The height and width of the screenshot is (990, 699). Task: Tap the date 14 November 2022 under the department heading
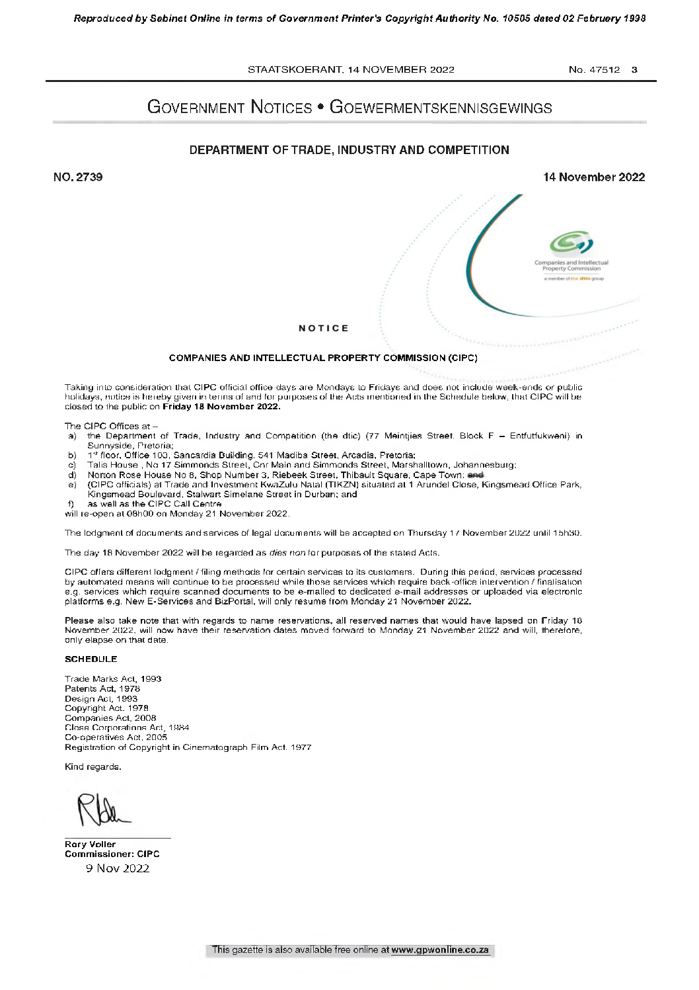[593, 177]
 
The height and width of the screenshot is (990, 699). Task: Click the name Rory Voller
[90, 845]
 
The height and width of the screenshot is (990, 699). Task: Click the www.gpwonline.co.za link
[449, 950]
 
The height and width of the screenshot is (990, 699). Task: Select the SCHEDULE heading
[91, 659]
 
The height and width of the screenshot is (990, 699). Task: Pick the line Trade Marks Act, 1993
[113, 679]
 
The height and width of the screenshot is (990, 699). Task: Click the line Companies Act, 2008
[110, 718]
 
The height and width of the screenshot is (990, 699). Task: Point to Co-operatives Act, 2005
[116, 737]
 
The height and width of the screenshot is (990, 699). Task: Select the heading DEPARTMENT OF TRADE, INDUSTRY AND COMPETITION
[349, 150]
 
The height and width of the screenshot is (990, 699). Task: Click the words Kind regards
[93, 767]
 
